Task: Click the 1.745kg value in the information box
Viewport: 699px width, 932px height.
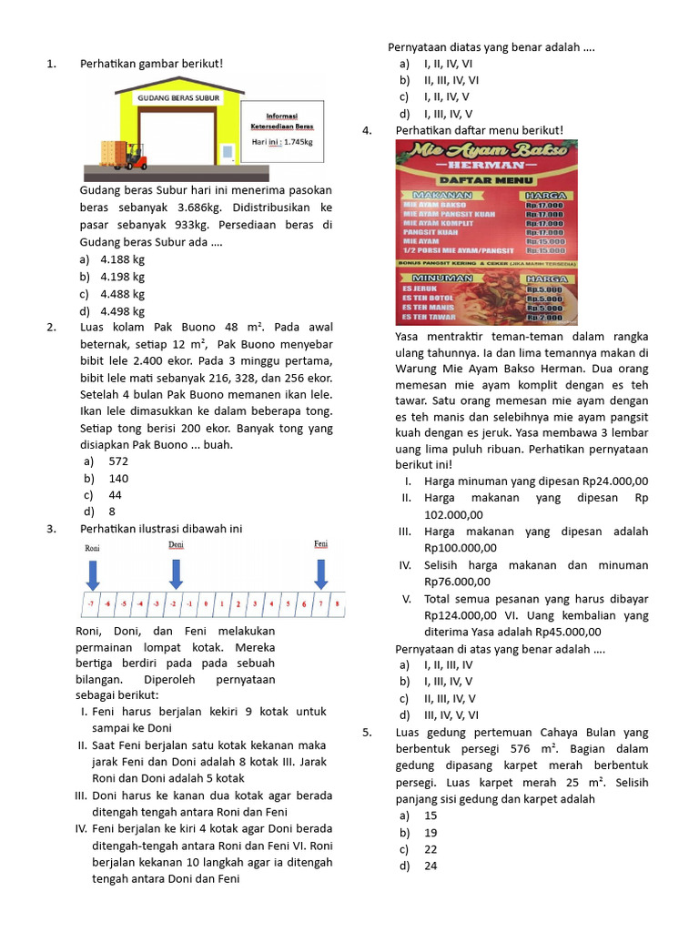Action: [x=299, y=142]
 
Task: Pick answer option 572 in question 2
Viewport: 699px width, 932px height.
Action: [x=118, y=461]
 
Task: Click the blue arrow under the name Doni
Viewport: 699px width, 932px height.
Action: [x=176, y=572]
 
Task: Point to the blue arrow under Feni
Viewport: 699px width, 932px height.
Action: [x=320, y=572]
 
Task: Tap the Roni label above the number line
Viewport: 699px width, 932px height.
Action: [x=92, y=549]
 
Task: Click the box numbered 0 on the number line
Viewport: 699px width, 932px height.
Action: [x=206, y=603]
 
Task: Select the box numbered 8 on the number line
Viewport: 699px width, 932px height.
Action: [x=337, y=603]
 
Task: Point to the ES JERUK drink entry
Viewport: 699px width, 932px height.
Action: [x=420, y=288]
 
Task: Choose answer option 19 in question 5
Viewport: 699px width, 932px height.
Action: [x=431, y=832]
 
